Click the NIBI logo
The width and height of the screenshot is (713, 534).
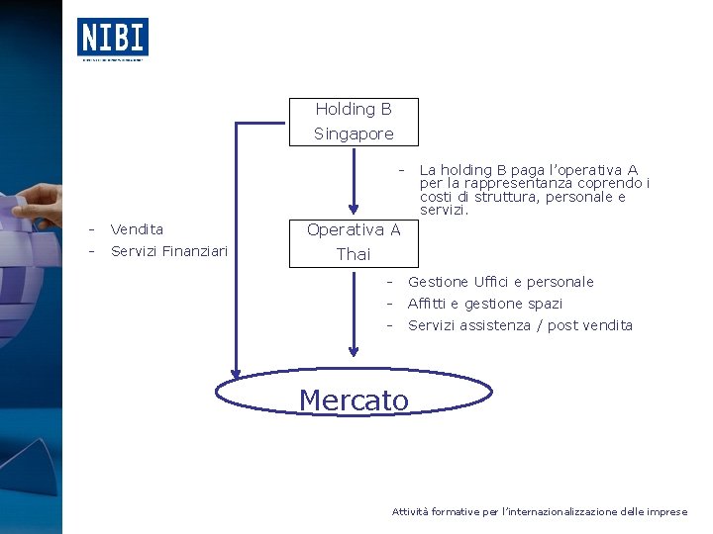tap(113, 38)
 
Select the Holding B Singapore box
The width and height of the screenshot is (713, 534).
tap(354, 122)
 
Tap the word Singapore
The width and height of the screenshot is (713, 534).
tap(354, 133)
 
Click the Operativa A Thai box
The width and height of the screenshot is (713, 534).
tap(354, 242)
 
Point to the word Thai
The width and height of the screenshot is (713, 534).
tap(354, 254)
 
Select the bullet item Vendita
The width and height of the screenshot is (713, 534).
tap(137, 229)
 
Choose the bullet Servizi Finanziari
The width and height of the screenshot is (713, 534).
tap(169, 251)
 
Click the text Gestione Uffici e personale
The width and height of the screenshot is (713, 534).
tap(500, 282)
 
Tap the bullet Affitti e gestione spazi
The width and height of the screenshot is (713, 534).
tap(485, 304)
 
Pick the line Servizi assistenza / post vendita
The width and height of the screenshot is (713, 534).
tap(520, 325)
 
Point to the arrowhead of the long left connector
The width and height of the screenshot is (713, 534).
tap(236, 370)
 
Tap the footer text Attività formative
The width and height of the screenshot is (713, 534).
tap(446, 511)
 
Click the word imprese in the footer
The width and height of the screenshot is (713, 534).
tap(666, 511)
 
